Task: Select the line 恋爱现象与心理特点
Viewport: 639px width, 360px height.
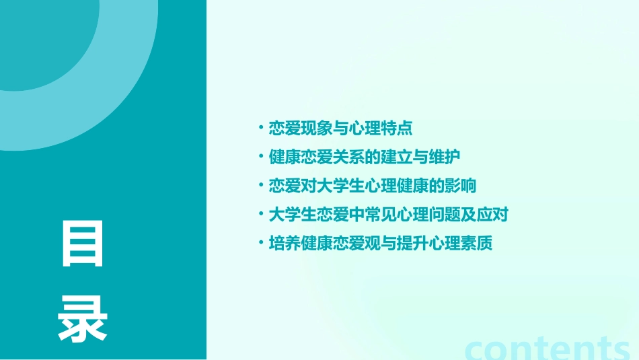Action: pyautogui.click(x=340, y=128)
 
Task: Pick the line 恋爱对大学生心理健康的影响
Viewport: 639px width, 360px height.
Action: pyautogui.click(x=372, y=186)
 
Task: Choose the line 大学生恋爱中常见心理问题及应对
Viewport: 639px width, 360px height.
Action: pyautogui.click(x=388, y=215)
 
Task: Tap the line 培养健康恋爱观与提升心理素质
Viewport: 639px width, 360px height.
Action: pyautogui.click(x=380, y=244)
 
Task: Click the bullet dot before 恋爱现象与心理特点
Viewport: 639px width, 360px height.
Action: pyautogui.click(x=261, y=128)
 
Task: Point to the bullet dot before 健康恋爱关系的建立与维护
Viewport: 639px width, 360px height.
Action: pyautogui.click(x=261, y=157)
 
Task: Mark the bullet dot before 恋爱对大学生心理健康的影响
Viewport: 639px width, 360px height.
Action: pyautogui.click(x=261, y=186)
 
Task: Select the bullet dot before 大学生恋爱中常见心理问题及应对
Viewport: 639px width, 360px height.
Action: pyautogui.click(x=261, y=215)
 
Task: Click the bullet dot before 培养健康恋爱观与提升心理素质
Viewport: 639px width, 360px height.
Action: pyautogui.click(x=261, y=244)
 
